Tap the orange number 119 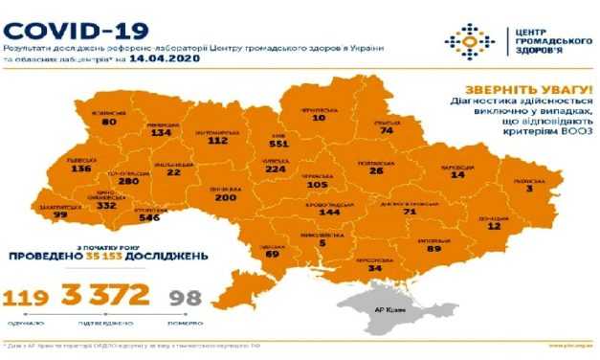pyautogui.click(x=28, y=297)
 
